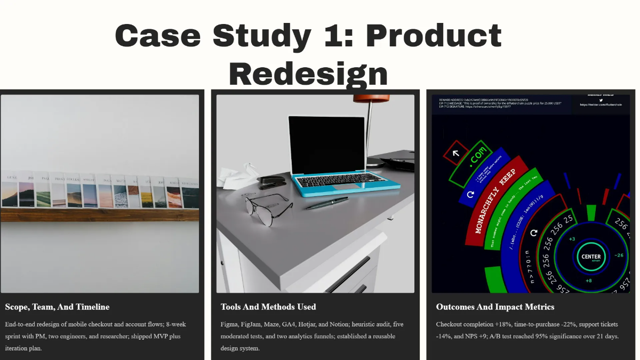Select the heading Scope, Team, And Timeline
pos(57,307)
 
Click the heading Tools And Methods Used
pos(268,307)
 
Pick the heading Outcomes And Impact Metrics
pos(495,307)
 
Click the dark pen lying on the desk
pos(327,203)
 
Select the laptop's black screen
pos(326,144)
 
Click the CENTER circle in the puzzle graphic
pos(591,257)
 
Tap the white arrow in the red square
pos(456,154)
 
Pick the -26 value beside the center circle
pos(619,255)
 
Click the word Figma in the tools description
pos(230,324)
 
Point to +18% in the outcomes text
pos(509,324)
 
